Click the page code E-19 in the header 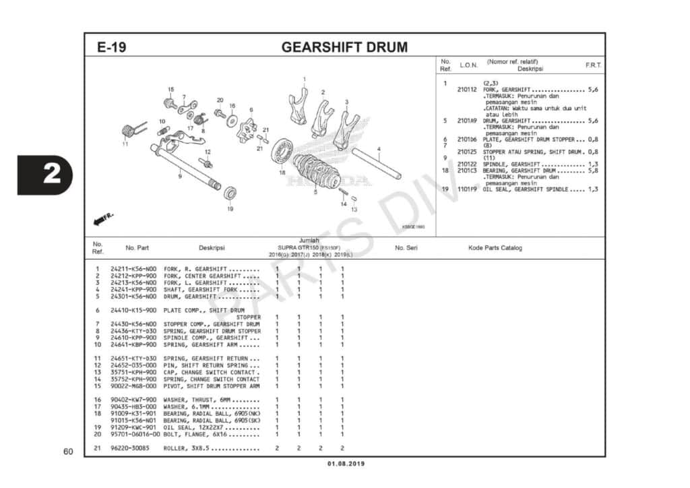(x=111, y=48)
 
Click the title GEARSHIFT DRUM (x=344, y=48)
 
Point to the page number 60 (x=68, y=451)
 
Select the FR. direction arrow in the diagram (x=104, y=218)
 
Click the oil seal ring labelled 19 (x=230, y=194)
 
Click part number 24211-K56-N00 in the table (x=133, y=269)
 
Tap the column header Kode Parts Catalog (x=495, y=248)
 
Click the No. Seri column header (x=406, y=248)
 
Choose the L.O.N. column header (x=468, y=65)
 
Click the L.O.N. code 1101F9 (x=467, y=189)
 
